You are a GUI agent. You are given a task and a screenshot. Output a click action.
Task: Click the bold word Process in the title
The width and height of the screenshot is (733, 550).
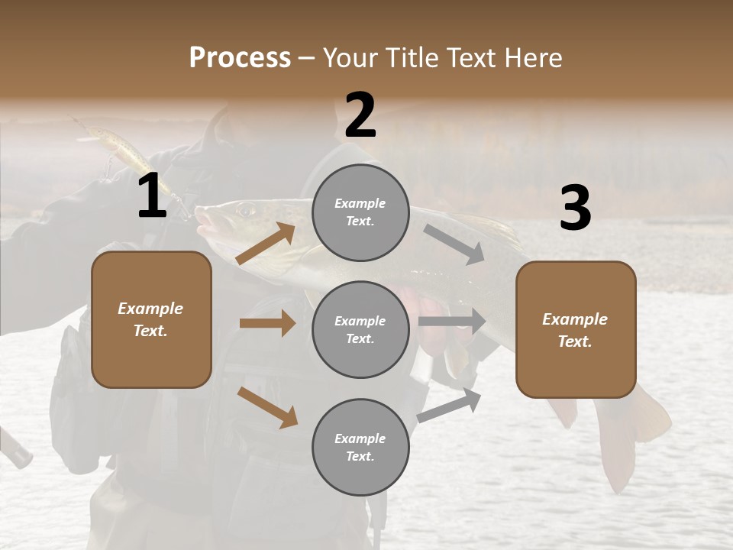coord(240,58)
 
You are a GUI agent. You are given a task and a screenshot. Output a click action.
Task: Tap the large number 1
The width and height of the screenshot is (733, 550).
coord(152,196)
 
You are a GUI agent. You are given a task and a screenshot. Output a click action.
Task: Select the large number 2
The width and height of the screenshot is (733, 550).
coord(360,115)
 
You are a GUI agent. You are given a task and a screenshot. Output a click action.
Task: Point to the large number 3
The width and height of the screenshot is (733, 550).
coord(575,208)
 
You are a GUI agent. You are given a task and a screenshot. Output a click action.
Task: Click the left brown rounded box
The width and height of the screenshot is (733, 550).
coord(151,319)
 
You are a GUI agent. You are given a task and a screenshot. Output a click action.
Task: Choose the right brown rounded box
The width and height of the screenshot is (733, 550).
coord(576,329)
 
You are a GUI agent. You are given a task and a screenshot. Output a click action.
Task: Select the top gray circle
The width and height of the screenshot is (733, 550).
coord(360,212)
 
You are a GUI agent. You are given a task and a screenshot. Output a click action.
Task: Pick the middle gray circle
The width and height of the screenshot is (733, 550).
coord(360,329)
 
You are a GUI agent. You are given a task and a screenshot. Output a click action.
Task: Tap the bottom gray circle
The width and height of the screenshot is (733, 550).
coord(360,447)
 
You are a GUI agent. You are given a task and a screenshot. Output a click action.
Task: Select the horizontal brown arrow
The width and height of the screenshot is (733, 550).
coord(267,323)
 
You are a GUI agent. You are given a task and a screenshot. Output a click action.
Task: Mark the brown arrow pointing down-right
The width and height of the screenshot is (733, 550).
coord(267,406)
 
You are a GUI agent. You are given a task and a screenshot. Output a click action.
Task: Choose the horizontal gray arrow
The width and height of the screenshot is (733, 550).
coord(452,322)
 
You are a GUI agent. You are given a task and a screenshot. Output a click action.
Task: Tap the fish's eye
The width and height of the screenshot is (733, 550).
coord(244,209)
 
